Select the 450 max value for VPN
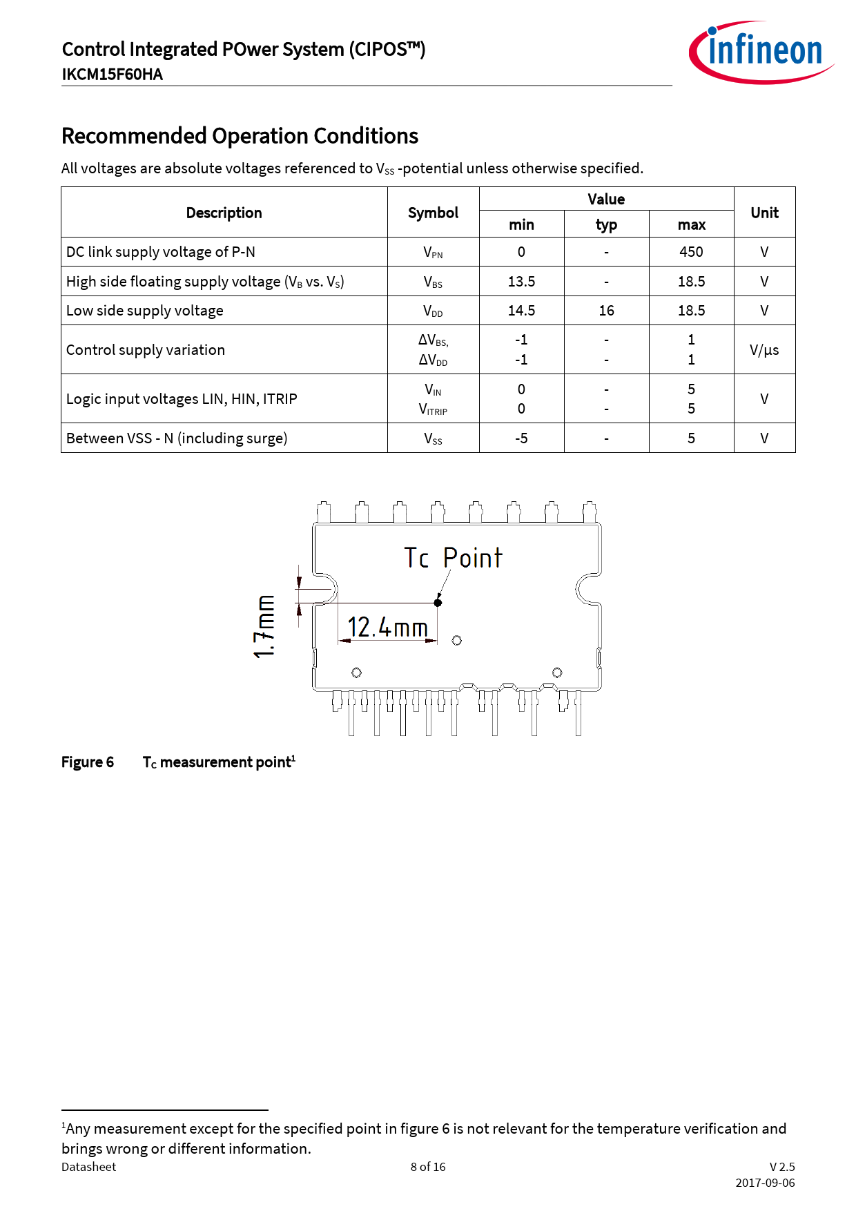(691, 252)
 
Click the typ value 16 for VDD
(606, 311)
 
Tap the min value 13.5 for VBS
(521, 282)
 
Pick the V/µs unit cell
(764, 350)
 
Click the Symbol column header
(433, 213)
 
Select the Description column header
(224, 213)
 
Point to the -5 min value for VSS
(521, 438)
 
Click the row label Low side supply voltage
(145, 311)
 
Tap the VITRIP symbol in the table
(433, 409)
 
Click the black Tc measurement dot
(438, 603)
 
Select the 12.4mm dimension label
(387, 628)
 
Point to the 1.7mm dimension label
(264, 626)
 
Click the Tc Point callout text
(453, 558)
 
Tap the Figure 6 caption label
(88, 762)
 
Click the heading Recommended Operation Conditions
(240, 136)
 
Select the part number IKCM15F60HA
(113, 75)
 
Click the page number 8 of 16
(428, 1167)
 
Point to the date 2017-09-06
(765, 1183)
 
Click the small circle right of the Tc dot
(457, 641)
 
